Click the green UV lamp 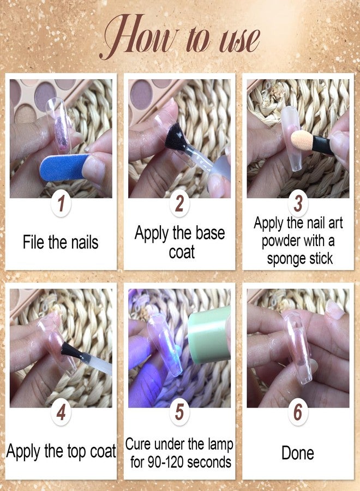coord(209,335)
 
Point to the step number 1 coord(61,203)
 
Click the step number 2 coord(179,203)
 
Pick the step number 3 coord(298,203)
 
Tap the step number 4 coord(61,412)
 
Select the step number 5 coord(179,412)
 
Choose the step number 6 coord(298,412)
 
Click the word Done coord(298,453)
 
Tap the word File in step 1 coord(33,242)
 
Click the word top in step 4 coord(76,452)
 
